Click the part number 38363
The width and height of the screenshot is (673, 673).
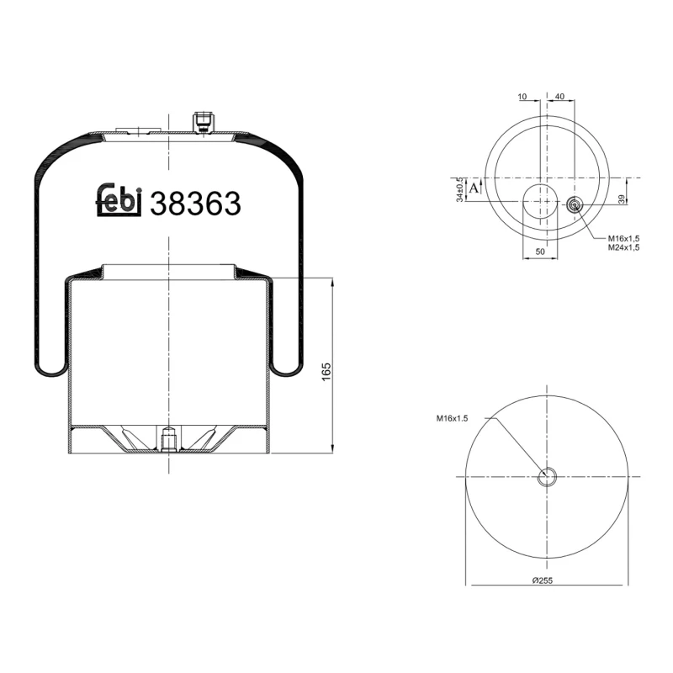click(x=195, y=204)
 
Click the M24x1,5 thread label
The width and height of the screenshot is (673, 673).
click(x=623, y=248)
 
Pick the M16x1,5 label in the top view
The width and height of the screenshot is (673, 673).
click(x=623, y=238)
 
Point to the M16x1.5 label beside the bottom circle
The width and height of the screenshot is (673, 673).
click(x=452, y=418)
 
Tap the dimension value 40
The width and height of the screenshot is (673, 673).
click(x=560, y=97)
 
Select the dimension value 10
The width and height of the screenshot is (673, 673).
click(x=522, y=97)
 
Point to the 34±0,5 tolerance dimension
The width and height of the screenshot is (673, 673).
click(x=458, y=190)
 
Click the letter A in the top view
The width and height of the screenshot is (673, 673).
click(x=474, y=188)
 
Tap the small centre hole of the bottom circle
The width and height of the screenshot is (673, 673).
click(x=547, y=477)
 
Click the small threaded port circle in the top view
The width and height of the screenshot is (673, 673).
click(x=575, y=204)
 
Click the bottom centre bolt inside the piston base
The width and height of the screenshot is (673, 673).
click(x=168, y=440)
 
